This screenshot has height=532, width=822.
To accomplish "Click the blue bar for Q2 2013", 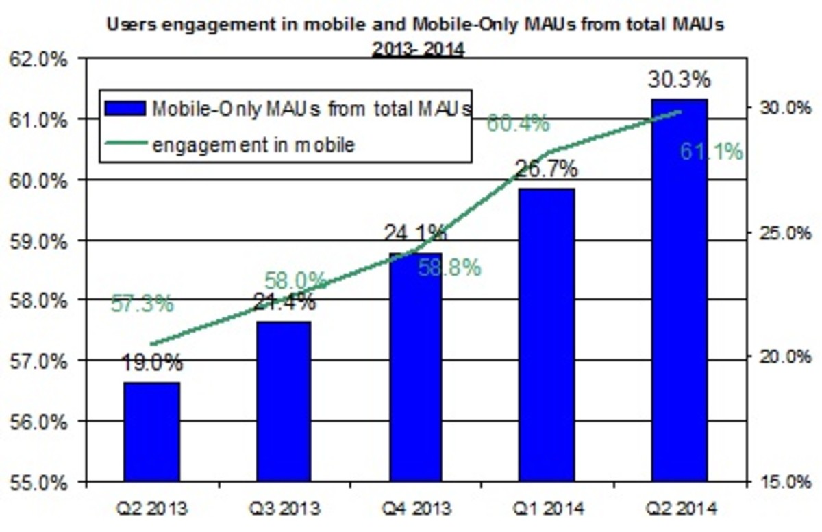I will click(151, 431).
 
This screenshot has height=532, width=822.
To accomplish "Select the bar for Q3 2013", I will click(283, 401).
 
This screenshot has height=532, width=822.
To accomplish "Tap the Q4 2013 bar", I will click(415, 367).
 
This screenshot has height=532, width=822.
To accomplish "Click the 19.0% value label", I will click(152, 362).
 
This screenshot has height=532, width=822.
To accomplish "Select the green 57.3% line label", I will click(142, 303).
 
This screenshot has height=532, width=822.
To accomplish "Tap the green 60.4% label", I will click(518, 124).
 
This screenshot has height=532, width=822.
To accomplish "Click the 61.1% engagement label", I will click(711, 152).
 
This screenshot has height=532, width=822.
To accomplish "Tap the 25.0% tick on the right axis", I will click(782, 233).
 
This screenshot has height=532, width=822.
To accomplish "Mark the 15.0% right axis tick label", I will click(782, 482).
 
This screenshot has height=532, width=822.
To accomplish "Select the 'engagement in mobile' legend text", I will click(253, 145).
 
